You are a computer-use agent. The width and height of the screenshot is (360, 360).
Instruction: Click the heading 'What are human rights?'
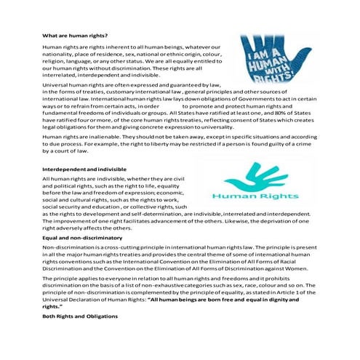[70, 36]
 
